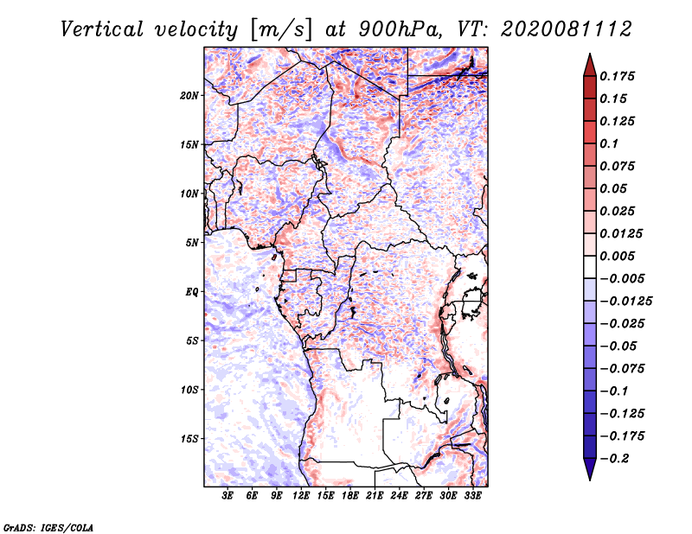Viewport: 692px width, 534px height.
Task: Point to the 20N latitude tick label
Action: (x=189, y=95)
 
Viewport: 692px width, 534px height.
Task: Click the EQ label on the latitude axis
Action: (x=192, y=292)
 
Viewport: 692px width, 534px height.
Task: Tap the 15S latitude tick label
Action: (x=189, y=439)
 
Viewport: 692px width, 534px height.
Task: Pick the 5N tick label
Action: (x=192, y=243)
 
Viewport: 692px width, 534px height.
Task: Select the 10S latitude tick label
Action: (x=189, y=390)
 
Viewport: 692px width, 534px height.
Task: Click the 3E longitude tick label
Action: (x=228, y=497)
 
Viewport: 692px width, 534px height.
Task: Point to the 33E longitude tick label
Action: (x=472, y=497)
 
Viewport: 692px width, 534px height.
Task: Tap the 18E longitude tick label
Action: (x=350, y=497)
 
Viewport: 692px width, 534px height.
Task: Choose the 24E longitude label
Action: (x=399, y=497)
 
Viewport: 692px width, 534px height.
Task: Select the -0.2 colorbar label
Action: (x=616, y=459)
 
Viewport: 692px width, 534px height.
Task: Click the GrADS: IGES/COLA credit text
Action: (x=48, y=526)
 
